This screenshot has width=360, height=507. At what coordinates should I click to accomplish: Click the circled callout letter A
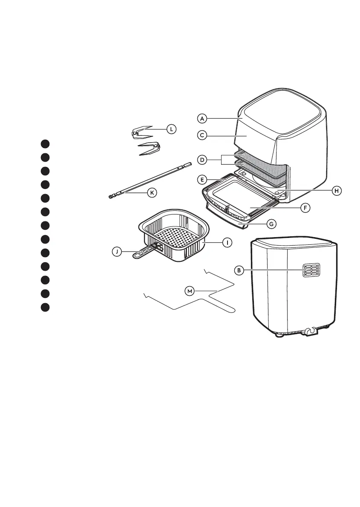point(202,118)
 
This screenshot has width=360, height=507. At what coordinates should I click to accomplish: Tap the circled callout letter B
point(239,269)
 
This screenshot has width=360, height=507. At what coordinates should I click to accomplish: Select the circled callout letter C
point(202,135)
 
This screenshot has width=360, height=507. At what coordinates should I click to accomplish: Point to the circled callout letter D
point(202,160)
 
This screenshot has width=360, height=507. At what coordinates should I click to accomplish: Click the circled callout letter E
point(202,179)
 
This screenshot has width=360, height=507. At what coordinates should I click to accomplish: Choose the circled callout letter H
point(337,191)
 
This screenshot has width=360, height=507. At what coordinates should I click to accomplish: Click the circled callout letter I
point(228,242)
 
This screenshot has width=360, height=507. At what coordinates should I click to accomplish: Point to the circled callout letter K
point(151,192)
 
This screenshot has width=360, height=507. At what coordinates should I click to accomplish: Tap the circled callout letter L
point(171,128)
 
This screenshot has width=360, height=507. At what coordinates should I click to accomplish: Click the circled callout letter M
point(190,291)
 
